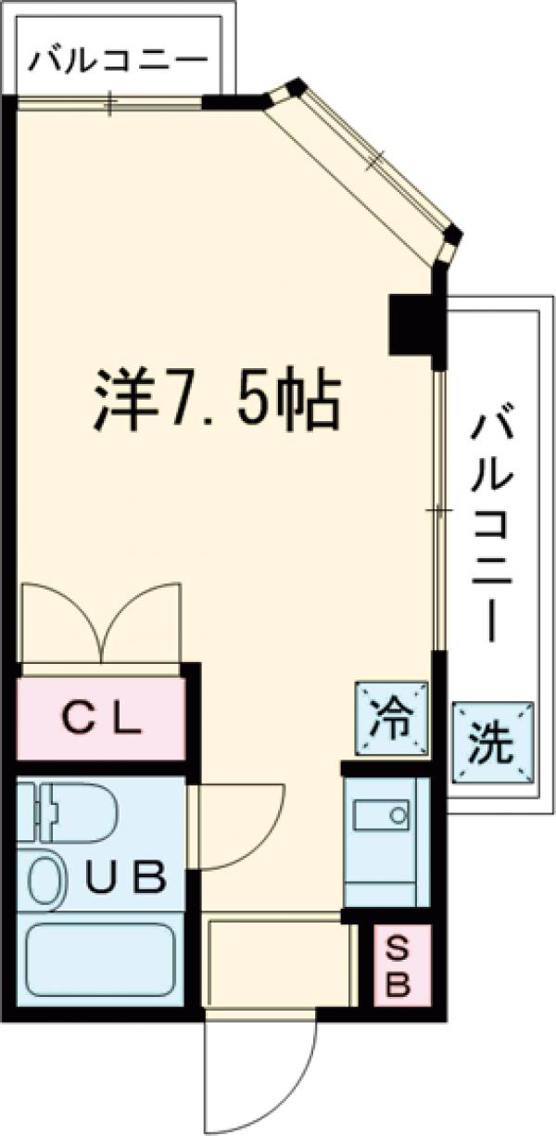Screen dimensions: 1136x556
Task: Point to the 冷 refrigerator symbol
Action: (x=393, y=717)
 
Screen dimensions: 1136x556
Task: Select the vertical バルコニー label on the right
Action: (x=492, y=529)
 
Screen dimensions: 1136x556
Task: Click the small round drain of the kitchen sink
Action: (x=398, y=815)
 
